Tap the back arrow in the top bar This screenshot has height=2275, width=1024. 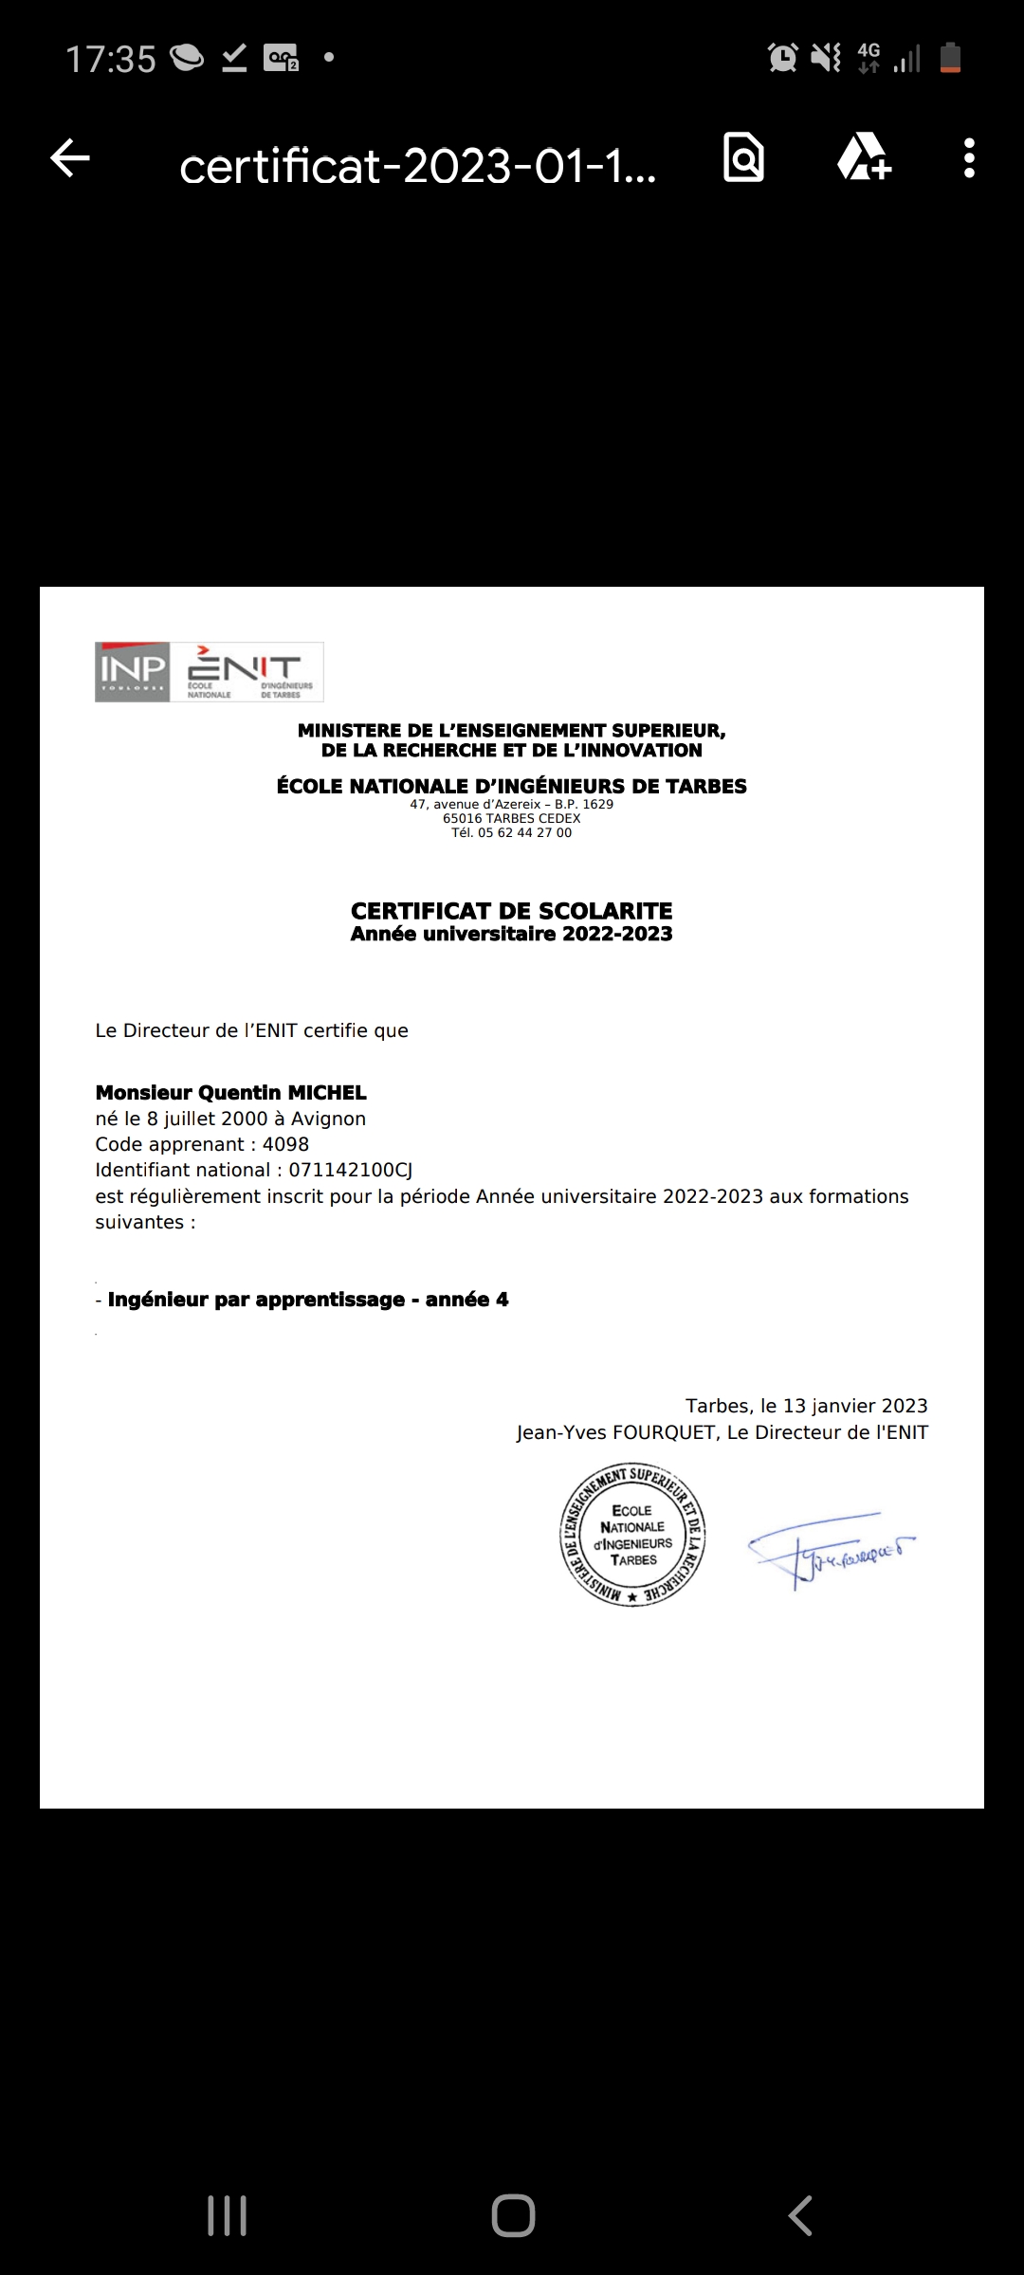pos(70,158)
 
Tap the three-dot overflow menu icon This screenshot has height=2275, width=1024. pos(968,158)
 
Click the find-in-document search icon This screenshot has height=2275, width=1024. pos(743,157)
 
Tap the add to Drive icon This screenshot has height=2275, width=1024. pos(863,157)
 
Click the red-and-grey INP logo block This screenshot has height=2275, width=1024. pos(132,672)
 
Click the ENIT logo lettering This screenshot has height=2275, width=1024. pos(248,668)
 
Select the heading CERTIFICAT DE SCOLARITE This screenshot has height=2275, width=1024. pos(511,911)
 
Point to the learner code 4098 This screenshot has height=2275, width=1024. pos(285,1144)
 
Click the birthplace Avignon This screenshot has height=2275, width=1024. pos(328,1119)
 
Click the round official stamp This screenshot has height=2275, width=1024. pos(632,1535)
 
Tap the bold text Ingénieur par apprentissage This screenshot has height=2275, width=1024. pos(256,1300)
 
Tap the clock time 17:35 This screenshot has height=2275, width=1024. pos(110,59)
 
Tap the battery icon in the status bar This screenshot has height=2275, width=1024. pos(950,58)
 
